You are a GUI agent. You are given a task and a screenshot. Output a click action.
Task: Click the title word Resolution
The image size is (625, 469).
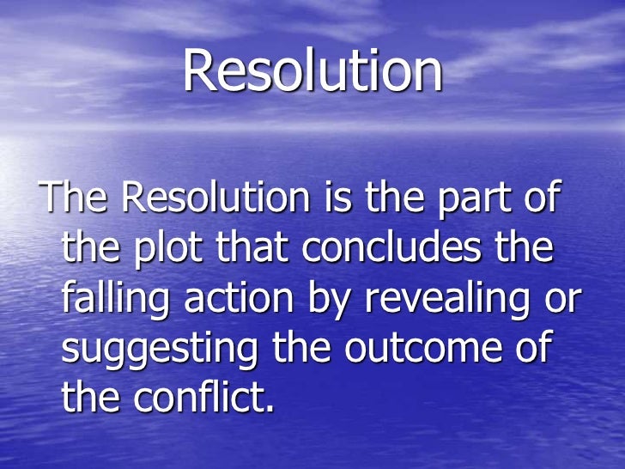click(x=312, y=72)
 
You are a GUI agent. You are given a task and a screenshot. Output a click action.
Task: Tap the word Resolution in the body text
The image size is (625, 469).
click(x=215, y=198)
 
